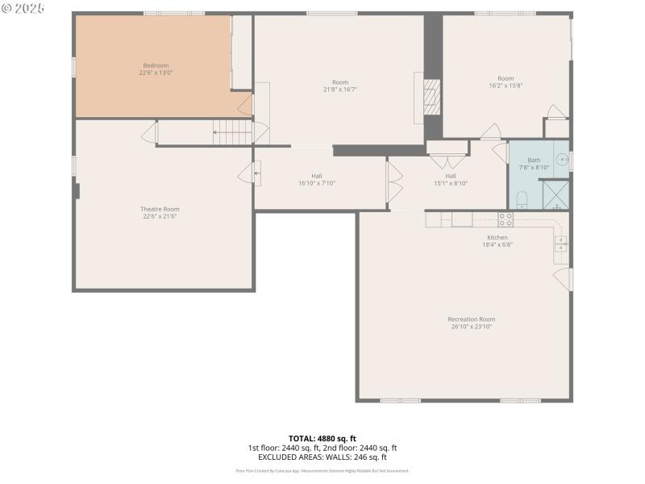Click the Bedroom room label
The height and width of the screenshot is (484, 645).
click(156, 65)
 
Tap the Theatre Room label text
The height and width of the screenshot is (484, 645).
click(160, 209)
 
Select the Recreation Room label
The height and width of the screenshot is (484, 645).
click(472, 319)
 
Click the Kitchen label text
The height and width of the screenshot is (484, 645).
click(497, 237)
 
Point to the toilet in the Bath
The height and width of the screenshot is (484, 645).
click(521, 199)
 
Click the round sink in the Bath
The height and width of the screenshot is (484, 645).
click(564, 161)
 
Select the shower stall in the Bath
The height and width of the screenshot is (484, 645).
click(555, 194)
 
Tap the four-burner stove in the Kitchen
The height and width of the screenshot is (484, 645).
click(506, 218)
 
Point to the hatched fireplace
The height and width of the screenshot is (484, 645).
click(433, 98)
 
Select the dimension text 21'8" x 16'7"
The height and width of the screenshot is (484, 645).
click(340, 90)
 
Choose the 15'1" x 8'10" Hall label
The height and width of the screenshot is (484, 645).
click(451, 183)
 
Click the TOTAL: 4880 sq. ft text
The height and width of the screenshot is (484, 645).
click(322, 438)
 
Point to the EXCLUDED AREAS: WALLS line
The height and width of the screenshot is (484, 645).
click(322, 457)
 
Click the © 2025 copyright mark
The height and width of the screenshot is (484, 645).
click(23, 8)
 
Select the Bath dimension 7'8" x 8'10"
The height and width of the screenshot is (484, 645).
click(534, 167)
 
